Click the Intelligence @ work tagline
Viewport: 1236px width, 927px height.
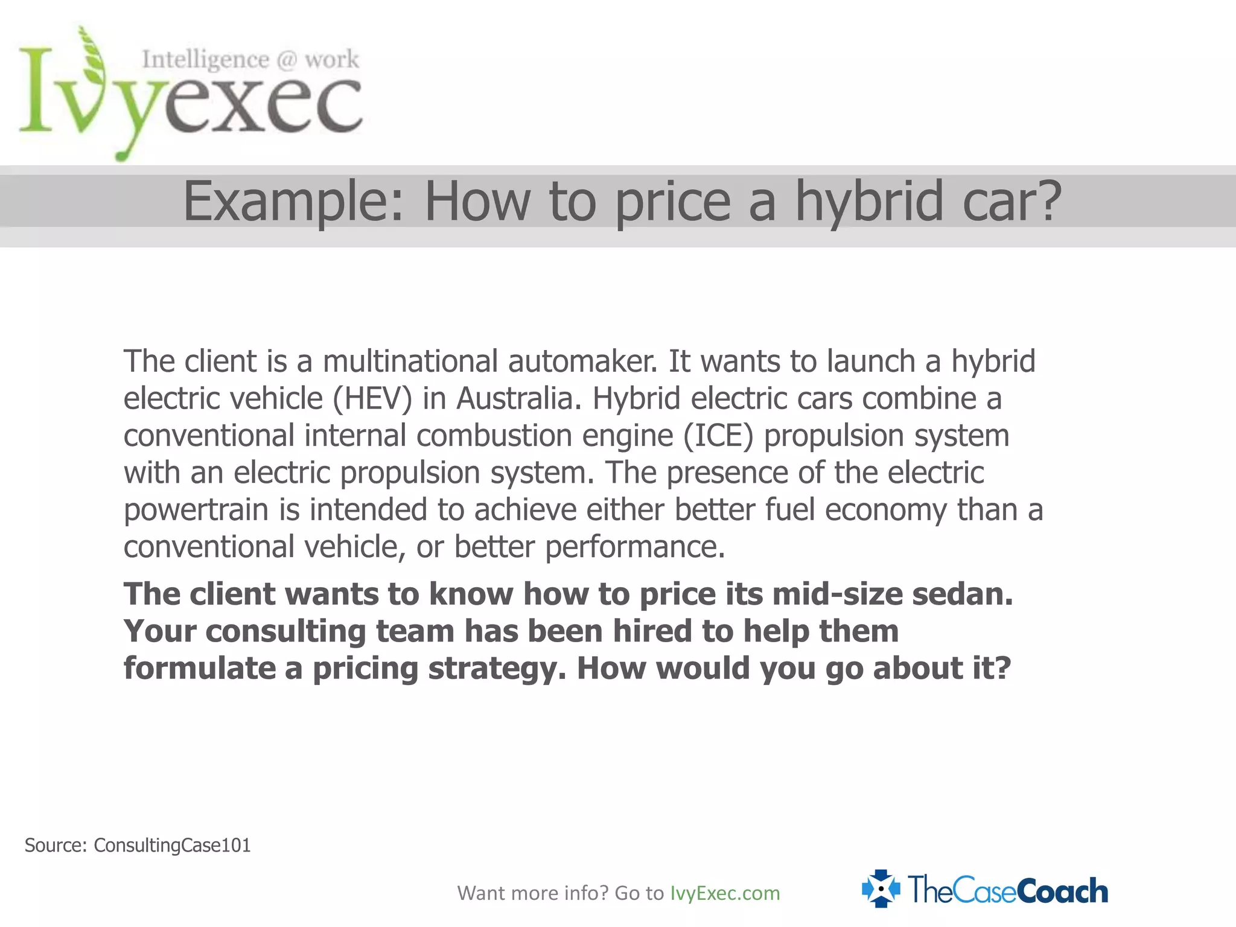pos(250,59)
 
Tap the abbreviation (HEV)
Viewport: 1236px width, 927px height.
pos(372,399)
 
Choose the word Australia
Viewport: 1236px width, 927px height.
pos(519,399)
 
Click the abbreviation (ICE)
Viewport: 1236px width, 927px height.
pos(718,436)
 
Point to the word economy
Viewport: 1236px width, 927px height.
pos(886,510)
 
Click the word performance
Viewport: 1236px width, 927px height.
pos(634,547)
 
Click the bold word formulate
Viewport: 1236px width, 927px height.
pos(200,669)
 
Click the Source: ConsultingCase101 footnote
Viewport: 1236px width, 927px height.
pos(138,846)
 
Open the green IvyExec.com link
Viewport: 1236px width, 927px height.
pos(725,893)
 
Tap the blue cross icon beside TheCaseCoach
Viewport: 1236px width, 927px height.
pos(881,889)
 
